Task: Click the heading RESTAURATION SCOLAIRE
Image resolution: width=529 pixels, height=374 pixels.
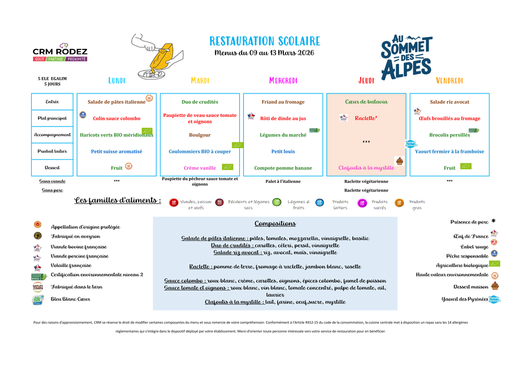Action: [264, 41]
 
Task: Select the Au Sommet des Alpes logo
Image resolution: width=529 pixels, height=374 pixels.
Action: [406, 58]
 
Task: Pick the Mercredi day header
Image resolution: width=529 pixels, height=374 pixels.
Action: [283, 81]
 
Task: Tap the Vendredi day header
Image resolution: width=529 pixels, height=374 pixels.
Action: [450, 81]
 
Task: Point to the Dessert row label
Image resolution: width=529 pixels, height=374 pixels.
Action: [52, 168]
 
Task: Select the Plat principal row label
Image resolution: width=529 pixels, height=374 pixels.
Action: [52, 118]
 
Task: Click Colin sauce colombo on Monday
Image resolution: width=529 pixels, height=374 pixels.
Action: [116, 118]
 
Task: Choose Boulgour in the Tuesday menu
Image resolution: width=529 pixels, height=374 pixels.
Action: [200, 135]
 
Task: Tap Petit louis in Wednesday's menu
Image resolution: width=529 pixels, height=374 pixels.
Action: [283, 151]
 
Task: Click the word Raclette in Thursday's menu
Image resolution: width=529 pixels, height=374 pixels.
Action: [364, 118]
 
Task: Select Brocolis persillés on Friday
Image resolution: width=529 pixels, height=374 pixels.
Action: [450, 135]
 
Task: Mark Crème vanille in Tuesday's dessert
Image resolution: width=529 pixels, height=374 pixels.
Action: [200, 168]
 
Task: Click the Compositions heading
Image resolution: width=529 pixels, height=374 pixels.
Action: [275, 223]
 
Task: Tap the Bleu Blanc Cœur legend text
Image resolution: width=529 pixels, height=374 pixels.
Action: [71, 299]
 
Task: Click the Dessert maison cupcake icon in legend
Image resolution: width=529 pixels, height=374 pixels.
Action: [495, 286]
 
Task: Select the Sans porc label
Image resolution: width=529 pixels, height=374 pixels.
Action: [52, 190]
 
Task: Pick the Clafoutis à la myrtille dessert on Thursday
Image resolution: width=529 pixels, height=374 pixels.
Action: [366, 168]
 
